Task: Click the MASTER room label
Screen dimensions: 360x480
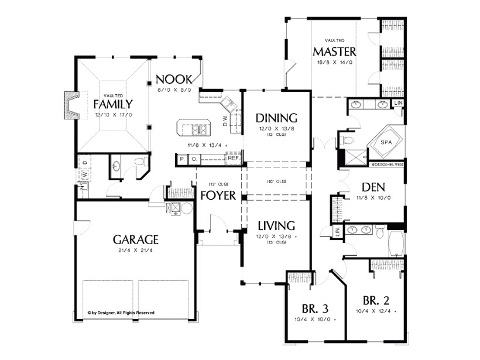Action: [x=334, y=50]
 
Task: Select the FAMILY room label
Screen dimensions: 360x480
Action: [x=112, y=104]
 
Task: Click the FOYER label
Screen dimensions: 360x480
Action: [x=218, y=195]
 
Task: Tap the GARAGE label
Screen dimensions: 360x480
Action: [x=136, y=239]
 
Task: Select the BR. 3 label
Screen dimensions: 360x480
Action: [x=316, y=308]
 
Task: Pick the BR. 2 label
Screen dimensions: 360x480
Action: [x=376, y=301]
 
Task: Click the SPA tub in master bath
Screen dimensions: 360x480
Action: [x=386, y=142]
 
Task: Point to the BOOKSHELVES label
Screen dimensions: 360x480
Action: [x=387, y=164]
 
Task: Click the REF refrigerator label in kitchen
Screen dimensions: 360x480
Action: [x=233, y=158]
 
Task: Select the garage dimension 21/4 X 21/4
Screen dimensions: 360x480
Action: [x=136, y=251]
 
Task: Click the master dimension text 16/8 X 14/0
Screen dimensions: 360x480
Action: [x=334, y=61]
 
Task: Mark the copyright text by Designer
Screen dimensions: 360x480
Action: [x=121, y=313]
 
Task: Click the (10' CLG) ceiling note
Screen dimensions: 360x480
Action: [x=276, y=181]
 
